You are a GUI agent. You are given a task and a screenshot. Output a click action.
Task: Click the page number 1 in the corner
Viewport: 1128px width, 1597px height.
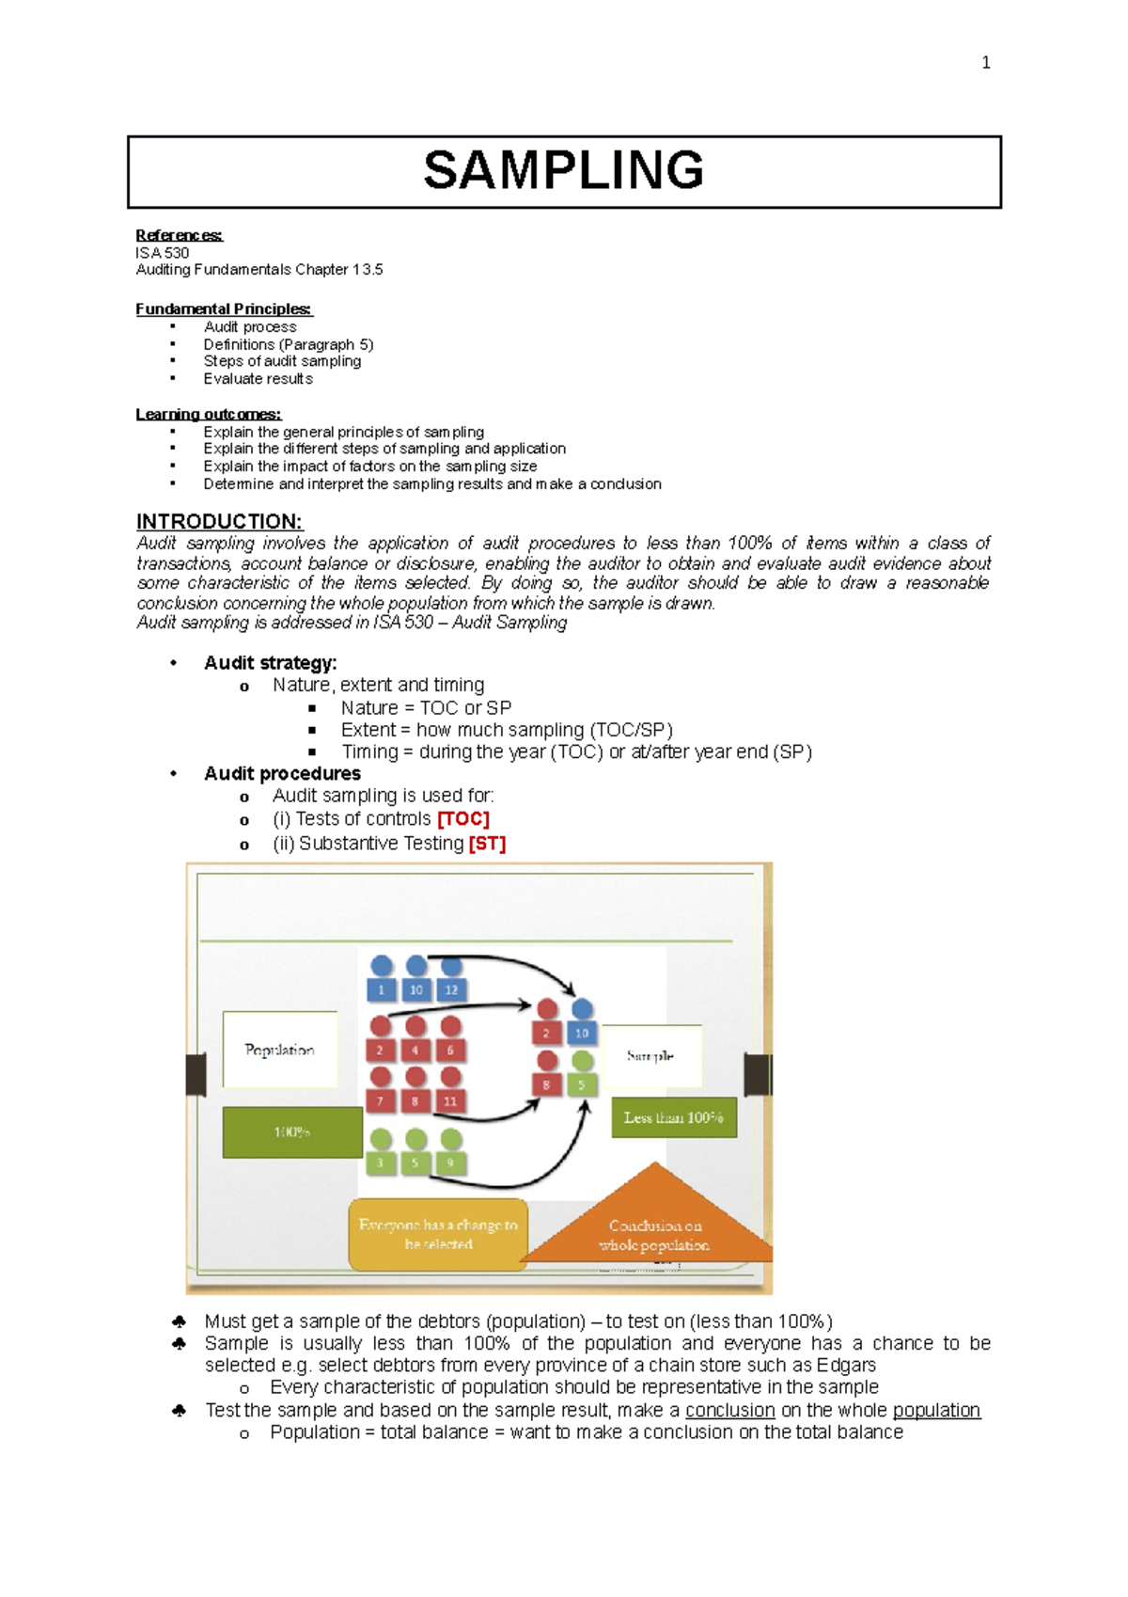point(985,63)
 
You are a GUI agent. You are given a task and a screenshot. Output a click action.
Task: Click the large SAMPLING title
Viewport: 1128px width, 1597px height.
point(564,170)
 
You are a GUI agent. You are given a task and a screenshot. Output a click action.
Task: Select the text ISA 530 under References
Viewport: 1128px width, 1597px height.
point(163,253)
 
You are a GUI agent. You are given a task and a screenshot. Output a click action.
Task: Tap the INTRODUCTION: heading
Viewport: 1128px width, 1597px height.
point(219,522)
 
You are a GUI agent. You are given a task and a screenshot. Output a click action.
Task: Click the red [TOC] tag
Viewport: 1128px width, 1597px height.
point(463,819)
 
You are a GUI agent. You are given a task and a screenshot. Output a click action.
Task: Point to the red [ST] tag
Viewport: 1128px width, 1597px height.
point(487,844)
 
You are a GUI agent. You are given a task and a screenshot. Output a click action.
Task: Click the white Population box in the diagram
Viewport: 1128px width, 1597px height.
point(280,1050)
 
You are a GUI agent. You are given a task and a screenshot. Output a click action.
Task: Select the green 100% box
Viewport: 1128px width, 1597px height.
point(292,1132)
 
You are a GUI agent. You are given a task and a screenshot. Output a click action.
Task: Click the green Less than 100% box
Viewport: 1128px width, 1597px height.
point(673,1117)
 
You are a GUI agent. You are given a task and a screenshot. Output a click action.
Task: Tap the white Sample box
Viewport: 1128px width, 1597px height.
point(650,1056)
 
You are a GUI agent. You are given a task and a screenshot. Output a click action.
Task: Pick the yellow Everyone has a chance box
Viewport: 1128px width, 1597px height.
point(438,1234)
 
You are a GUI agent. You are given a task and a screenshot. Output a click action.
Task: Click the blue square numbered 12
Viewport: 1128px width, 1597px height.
point(451,989)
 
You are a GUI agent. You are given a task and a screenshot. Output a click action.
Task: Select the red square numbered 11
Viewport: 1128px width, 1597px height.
point(450,1100)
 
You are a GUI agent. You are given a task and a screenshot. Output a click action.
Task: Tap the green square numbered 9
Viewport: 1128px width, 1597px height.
point(450,1162)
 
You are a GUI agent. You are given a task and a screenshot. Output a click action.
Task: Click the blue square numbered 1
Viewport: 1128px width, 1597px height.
point(381,989)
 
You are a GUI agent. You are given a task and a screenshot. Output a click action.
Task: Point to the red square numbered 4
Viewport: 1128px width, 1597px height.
point(415,1050)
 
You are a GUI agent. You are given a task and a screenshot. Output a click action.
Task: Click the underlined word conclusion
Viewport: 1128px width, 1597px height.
point(730,1410)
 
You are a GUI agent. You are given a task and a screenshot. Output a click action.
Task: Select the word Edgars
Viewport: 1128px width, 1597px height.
point(846,1366)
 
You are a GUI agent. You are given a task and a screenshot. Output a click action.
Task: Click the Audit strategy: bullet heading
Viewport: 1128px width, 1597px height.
point(271,663)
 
